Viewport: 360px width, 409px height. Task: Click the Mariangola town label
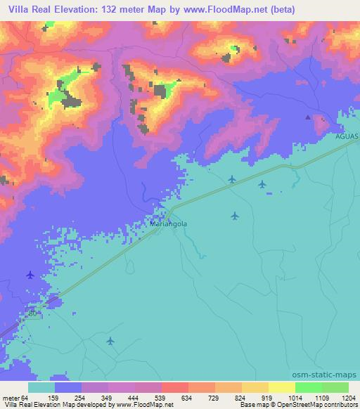pyautogui.click(x=168, y=225)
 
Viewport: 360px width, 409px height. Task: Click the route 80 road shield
pyautogui.click(x=33, y=313)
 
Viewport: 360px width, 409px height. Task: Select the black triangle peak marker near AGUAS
pyautogui.click(x=307, y=117)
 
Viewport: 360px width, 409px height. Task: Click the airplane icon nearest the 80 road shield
pyautogui.click(x=30, y=275)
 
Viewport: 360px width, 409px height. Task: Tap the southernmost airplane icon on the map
pyautogui.click(x=110, y=341)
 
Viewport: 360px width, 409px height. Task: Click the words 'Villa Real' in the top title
pyautogui.click(x=27, y=9)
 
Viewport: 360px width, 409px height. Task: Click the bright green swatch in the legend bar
pyautogui.click(x=309, y=387)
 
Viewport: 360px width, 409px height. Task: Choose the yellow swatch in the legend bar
pyautogui.click(x=282, y=387)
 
